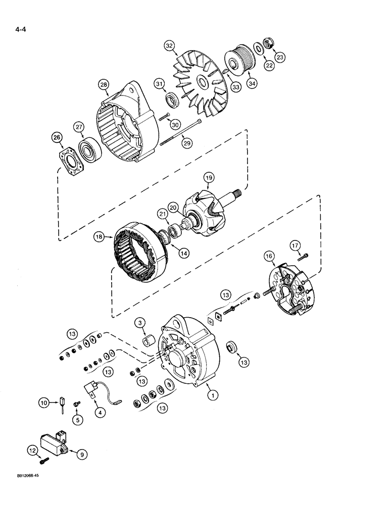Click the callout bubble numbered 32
point(169,46)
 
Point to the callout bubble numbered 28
point(105,85)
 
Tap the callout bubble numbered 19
point(209,177)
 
